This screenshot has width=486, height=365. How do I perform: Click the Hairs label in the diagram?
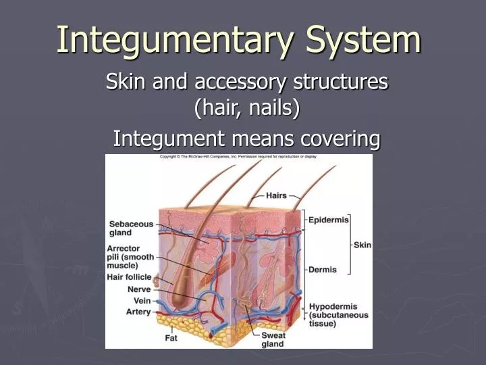pos(276,195)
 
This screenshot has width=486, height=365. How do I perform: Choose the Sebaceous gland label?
pos(131,228)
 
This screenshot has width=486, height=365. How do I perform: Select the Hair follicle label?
pos(130,277)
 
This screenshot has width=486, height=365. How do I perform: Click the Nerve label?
pos(139,289)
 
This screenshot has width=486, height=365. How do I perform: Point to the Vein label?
pos(142,301)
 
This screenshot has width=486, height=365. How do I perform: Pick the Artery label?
pos(138,312)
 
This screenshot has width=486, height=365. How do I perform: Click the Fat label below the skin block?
pos(171,337)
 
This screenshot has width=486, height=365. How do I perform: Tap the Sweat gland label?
pos(273,339)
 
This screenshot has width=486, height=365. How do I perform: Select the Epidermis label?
pos(329,220)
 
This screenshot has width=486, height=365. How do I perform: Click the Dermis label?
pos(323,269)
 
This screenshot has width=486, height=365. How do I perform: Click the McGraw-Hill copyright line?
pos(238,157)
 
